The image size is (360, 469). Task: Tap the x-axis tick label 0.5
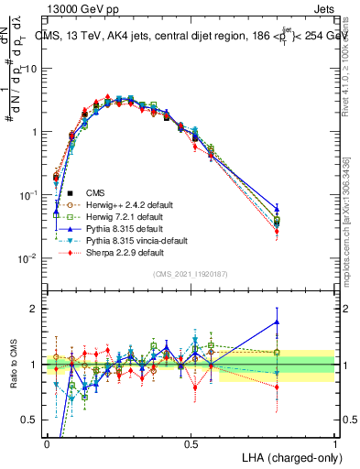click(191, 443)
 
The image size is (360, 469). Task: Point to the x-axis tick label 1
click(334, 443)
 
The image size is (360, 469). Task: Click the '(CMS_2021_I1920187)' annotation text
click(191, 273)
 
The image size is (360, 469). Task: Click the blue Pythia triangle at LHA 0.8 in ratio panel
click(278, 322)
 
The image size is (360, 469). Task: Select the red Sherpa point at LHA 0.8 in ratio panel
click(278, 387)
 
